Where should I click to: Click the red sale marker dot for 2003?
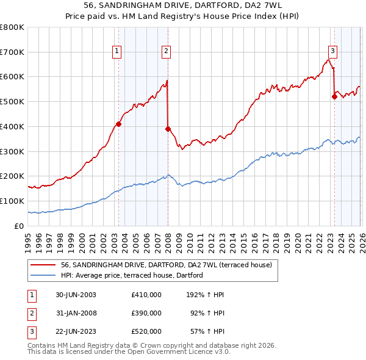118,124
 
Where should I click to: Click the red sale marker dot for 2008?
168,129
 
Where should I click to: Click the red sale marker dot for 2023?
334,96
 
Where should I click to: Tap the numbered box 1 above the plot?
117,51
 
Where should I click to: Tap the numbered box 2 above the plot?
166,51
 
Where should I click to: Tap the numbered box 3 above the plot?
332,51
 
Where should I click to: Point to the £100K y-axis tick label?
12,201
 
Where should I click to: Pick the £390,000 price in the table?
146,313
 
